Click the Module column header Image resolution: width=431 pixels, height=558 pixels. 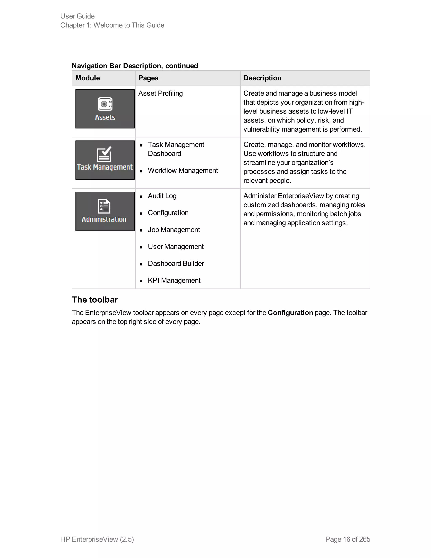pos(88,78)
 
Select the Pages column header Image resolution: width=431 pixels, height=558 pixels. pos(148,78)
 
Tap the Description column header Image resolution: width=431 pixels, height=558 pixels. pos(262,78)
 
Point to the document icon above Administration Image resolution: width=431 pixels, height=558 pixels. pos(104,206)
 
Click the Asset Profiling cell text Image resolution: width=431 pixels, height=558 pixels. pos(160,93)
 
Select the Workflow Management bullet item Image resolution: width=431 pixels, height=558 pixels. pos(182,170)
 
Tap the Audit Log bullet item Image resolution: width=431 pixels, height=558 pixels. pos(162,196)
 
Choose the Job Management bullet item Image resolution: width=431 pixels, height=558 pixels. pos(174,230)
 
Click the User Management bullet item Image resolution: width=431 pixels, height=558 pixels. pos(176,247)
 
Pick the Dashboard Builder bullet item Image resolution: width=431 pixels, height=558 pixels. pos(176,263)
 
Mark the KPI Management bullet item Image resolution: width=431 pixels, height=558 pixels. pos(174,280)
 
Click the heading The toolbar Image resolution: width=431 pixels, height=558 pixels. pos(95,300)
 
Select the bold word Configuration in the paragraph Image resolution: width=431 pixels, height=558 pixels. pos(290,313)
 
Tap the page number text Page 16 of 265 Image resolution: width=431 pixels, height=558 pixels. pos(347,539)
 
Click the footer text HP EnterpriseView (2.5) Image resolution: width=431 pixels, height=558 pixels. pos(97,539)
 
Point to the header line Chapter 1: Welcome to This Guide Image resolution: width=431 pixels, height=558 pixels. pos(112,25)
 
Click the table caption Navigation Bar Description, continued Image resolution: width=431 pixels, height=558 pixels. pos(135,66)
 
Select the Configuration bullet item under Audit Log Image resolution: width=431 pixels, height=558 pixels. pos(168,213)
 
